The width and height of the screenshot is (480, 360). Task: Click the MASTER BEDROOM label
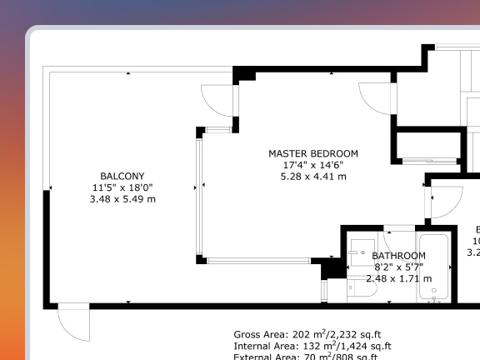(312, 153)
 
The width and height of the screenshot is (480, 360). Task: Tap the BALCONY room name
(122, 176)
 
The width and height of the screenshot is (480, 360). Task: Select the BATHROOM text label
(398, 256)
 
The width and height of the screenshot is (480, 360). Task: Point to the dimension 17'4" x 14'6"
(312, 165)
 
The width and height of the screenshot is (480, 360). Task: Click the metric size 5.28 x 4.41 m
(312, 177)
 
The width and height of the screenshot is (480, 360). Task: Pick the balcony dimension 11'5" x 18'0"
(122, 187)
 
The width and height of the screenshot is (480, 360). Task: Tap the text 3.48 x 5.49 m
(122, 199)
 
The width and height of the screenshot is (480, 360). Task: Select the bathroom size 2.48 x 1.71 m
(398, 278)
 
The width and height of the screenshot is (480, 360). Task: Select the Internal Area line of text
(312, 346)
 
